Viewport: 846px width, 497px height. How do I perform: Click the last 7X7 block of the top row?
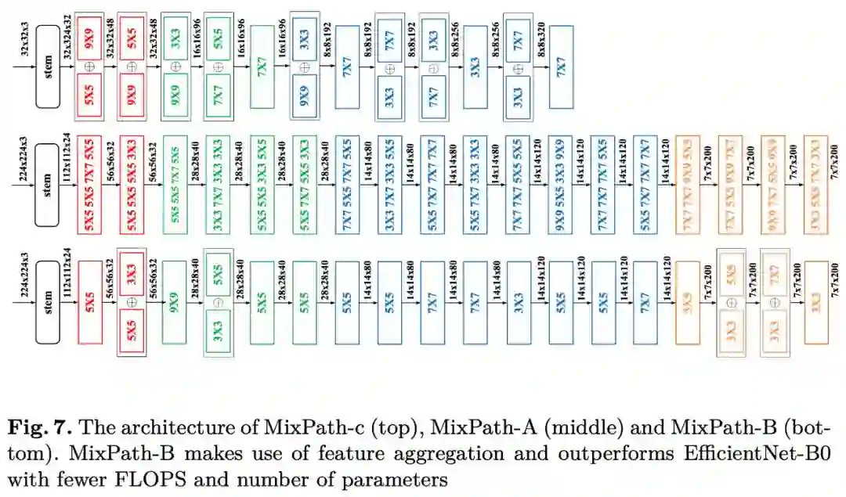click(561, 67)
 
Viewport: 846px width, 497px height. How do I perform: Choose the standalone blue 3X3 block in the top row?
click(474, 67)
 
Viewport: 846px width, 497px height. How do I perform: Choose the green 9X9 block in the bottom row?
click(175, 301)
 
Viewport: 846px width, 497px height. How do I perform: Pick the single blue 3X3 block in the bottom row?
click(516, 301)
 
